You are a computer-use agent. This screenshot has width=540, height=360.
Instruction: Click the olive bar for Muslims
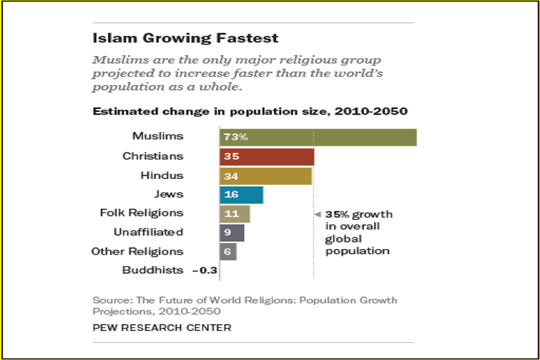click(x=318, y=137)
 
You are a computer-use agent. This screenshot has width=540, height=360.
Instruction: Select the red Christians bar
click(x=267, y=156)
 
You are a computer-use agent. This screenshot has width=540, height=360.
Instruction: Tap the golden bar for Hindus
click(x=265, y=176)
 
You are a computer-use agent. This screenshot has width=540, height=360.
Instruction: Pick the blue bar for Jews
click(x=241, y=195)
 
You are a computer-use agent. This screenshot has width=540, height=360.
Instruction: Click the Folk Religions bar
click(x=235, y=214)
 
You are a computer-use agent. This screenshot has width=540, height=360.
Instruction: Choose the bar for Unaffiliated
click(x=232, y=232)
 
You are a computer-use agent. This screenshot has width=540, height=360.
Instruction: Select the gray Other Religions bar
click(x=228, y=251)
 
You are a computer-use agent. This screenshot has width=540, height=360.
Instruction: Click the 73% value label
click(x=236, y=137)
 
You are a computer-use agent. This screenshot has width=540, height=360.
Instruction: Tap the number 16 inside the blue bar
click(x=231, y=195)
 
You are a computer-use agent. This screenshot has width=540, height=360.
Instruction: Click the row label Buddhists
click(x=152, y=270)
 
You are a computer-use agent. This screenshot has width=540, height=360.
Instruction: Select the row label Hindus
click(x=162, y=175)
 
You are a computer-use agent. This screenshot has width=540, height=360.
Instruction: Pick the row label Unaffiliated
click(x=148, y=232)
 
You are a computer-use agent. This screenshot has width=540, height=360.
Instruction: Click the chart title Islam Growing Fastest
click(x=185, y=38)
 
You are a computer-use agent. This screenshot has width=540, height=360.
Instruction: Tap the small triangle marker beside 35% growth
click(x=317, y=214)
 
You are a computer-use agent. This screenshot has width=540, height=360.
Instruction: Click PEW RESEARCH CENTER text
click(x=162, y=327)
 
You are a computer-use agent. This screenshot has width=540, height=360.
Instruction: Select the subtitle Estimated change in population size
click(x=250, y=111)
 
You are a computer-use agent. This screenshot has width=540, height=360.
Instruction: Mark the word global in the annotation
click(x=341, y=238)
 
